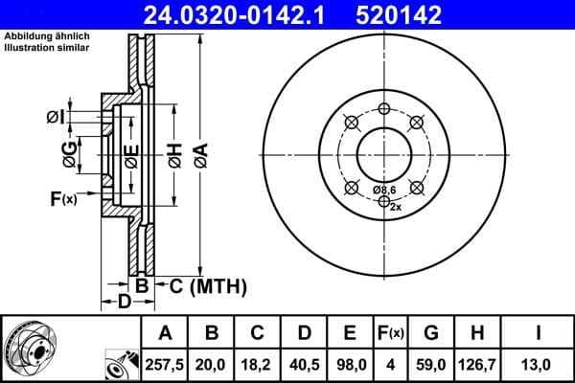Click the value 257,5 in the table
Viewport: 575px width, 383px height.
click(166, 364)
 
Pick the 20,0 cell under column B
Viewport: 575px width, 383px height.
click(212, 364)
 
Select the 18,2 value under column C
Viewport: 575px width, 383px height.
click(258, 364)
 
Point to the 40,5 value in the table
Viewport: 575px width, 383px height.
click(304, 364)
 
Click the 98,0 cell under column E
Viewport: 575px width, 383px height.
click(350, 364)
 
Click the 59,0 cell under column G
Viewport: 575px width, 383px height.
click(431, 364)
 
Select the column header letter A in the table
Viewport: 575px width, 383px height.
click(166, 333)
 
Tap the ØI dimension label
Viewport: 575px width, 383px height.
click(56, 118)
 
